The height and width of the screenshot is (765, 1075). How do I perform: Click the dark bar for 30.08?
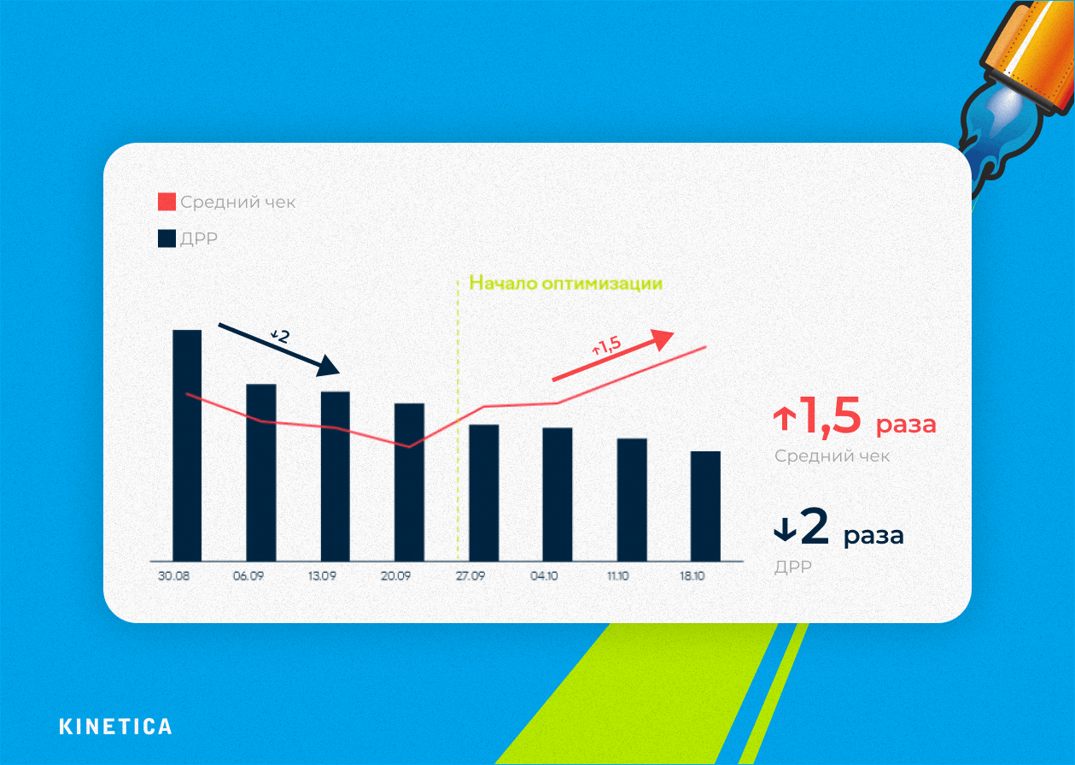tap(187, 444)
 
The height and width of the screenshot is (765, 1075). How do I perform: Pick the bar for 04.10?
tap(557, 493)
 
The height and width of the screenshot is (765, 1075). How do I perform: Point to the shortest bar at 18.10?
tap(705, 505)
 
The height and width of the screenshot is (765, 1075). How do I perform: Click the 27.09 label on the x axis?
tap(470, 577)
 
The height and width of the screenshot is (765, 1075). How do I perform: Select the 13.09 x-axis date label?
tap(322, 577)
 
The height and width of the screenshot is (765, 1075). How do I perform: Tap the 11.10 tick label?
tap(617, 577)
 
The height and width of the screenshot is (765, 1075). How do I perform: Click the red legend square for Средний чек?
tap(167, 203)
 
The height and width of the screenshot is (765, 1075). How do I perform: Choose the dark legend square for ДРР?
tap(167, 238)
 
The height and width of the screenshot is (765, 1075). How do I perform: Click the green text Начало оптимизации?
tap(566, 283)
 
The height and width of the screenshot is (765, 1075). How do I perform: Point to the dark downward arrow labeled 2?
tap(280, 349)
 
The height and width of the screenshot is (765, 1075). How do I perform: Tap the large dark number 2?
tap(815, 528)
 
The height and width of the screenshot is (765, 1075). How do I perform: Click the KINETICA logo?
tap(115, 727)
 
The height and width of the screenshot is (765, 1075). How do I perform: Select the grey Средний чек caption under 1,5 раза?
tap(832, 456)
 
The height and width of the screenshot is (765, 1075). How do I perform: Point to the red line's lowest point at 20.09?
tap(409, 446)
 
